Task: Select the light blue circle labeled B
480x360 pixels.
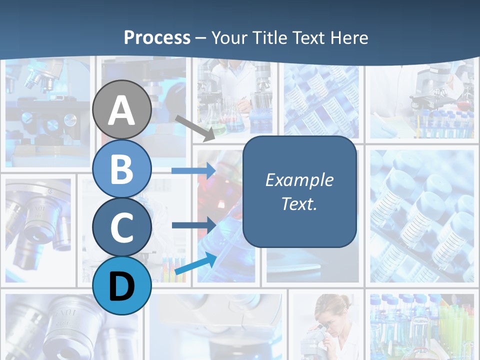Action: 122,168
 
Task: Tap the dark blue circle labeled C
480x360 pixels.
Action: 122,227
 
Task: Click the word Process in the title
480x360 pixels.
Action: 157,37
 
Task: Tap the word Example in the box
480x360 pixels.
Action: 299,180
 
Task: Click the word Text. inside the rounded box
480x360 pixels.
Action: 299,203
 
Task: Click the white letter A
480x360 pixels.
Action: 122,111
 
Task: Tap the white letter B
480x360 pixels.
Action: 122,169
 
